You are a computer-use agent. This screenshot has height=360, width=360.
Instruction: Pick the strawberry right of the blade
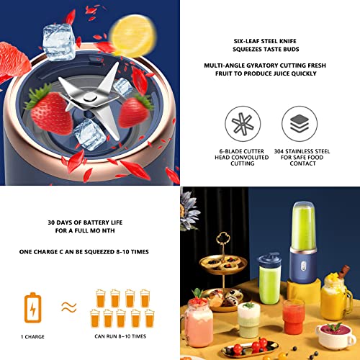(x=135, y=110)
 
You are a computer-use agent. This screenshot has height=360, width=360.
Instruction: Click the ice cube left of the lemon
(x=58, y=41)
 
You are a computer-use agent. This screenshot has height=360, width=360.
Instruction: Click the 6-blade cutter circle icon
(x=242, y=125)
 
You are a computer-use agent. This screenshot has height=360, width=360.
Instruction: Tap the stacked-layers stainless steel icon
(x=299, y=125)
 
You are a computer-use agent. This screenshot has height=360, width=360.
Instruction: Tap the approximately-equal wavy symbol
(x=68, y=307)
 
